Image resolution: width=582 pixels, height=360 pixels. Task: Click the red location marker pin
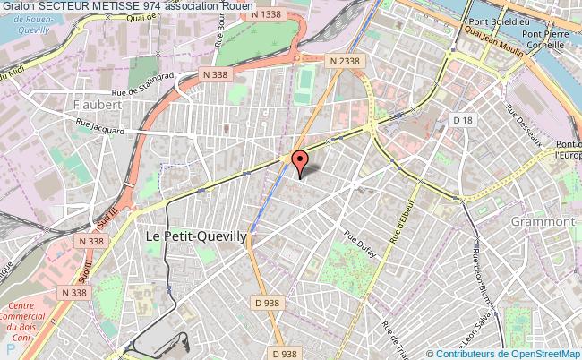299,162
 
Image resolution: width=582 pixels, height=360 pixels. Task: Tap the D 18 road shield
462,119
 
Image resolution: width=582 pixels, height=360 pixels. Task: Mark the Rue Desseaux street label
525,127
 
